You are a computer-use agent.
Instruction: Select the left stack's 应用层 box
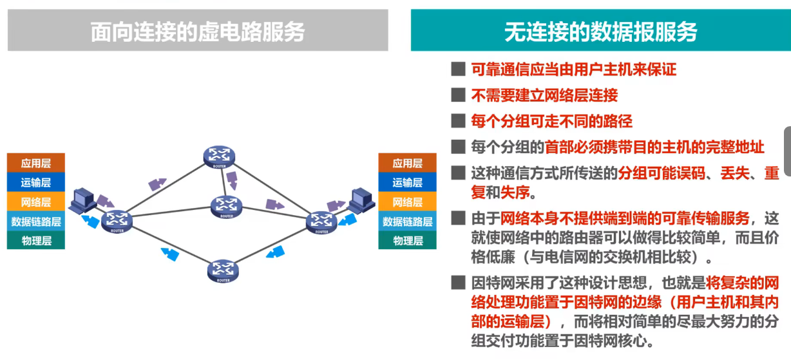35,163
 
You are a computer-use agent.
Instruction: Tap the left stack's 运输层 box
35,182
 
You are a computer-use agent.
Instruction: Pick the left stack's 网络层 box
35,202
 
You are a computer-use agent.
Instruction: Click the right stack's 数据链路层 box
407,222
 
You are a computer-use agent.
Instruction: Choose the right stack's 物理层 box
407,241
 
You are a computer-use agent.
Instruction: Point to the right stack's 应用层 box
407,163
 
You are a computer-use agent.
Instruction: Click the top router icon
220,156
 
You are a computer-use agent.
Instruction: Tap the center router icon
225,205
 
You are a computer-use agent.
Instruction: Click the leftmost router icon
117,220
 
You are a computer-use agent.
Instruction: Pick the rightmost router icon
321,221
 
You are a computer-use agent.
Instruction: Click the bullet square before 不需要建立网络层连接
458,95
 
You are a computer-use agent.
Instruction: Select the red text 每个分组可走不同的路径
552,121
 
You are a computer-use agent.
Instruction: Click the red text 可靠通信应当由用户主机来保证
574,70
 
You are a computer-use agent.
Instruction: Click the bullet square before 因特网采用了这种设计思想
458,282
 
